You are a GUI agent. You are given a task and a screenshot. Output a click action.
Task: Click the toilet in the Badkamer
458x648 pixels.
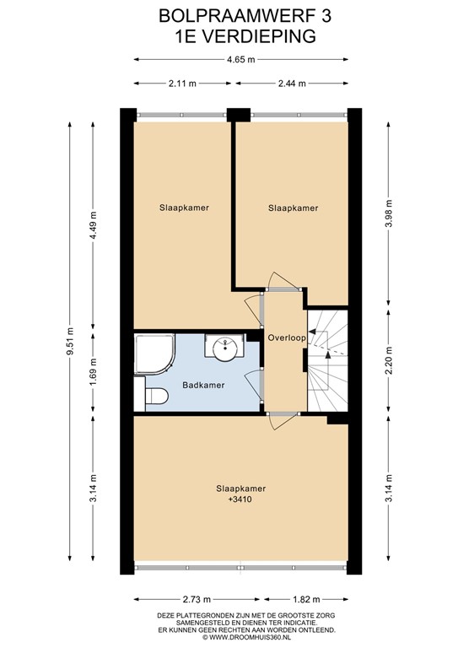156,396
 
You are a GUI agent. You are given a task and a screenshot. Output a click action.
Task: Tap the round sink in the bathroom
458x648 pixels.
225,346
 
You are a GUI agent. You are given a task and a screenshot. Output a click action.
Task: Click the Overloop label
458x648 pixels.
287,337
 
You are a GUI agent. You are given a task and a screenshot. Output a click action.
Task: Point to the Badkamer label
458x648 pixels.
203,385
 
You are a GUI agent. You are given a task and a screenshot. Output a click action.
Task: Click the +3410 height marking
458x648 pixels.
240,499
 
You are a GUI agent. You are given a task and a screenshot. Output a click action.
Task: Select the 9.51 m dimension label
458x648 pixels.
70,342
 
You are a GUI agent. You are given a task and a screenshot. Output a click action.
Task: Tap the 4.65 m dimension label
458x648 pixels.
240,60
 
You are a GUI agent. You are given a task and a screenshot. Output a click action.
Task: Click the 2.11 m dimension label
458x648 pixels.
182,84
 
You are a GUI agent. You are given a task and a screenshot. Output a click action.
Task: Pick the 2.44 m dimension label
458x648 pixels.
292,84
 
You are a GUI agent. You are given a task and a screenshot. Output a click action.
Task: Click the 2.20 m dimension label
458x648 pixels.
388,362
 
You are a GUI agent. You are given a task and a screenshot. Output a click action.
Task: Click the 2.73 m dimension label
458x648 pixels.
197,599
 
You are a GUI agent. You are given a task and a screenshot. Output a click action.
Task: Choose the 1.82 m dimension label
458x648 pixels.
306,599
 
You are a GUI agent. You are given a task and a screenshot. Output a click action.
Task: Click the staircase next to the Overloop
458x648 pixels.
327,360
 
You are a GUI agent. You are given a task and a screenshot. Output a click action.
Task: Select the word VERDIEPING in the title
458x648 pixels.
259,36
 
